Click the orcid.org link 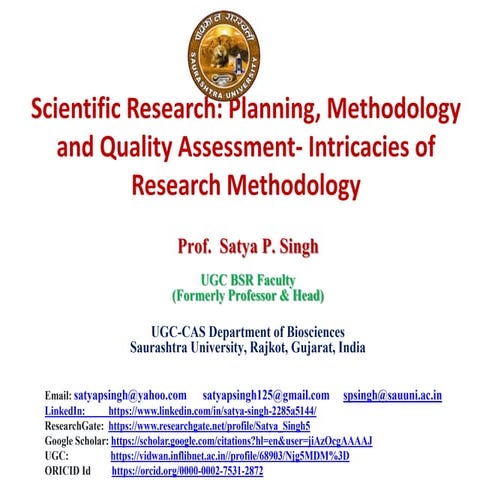tap(187, 469)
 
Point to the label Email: tap(58, 395)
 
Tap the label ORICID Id tap(68, 469)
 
